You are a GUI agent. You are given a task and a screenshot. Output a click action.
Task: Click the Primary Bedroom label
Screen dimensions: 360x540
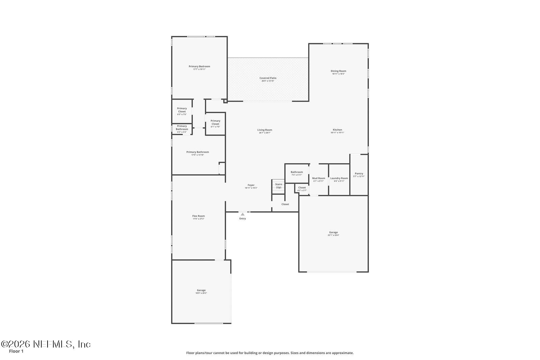tap(199, 66)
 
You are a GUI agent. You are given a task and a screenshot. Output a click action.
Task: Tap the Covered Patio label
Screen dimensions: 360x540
tap(268, 78)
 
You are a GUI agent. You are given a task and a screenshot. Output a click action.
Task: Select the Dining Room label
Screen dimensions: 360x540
tap(338, 71)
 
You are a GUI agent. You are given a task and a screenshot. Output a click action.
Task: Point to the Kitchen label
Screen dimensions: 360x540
tap(337, 130)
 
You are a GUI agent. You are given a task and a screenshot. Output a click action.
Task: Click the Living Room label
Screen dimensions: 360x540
tap(265, 130)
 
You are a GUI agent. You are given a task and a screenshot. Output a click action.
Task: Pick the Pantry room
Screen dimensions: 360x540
tap(359, 175)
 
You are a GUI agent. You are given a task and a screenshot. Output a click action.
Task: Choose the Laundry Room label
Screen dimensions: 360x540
tap(339, 178)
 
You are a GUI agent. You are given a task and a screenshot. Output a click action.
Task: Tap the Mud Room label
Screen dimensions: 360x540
tap(319, 178)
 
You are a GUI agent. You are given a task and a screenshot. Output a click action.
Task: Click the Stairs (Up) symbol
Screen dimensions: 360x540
tap(278, 186)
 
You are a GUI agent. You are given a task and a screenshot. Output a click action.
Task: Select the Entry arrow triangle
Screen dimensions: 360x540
tap(242, 214)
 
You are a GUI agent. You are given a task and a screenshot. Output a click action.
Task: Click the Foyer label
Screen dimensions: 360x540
tap(251, 185)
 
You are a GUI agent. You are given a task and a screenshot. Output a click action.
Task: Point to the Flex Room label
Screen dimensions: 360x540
tap(198, 216)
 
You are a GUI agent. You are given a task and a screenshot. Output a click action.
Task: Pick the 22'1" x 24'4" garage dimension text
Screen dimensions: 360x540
tap(333, 235)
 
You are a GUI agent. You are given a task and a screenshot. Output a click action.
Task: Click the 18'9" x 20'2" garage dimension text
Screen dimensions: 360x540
tap(201, 293)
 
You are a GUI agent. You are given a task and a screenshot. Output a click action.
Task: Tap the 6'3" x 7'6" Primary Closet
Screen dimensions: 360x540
tap(182, 111)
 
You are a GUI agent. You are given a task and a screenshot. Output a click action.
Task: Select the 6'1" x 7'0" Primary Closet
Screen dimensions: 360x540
tap(215, 123)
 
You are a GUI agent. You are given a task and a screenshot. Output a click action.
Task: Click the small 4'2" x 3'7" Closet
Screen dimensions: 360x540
tap(302, 189)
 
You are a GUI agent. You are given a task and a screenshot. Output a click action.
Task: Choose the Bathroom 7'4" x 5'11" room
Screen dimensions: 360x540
tap(297, 173)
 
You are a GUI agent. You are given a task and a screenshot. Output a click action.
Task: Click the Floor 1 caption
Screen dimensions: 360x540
tap(16, 351)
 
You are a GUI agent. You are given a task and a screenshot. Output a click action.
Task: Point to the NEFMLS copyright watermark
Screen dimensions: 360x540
tap(46, 344)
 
